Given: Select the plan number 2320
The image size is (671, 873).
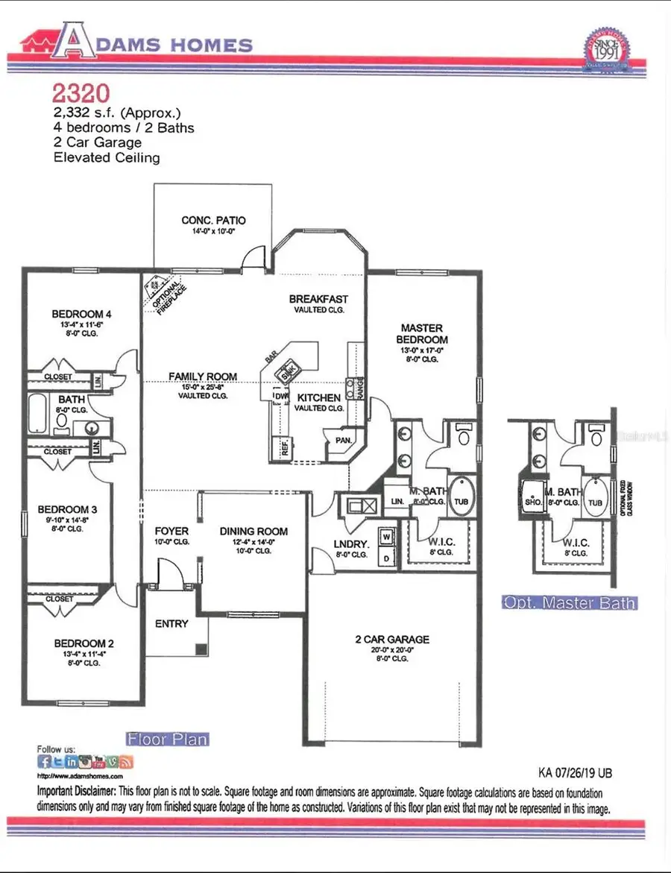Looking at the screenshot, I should coord(81,93).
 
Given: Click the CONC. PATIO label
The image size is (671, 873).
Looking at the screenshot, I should coord(213,221).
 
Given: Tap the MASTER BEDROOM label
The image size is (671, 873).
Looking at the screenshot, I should coord(422,333).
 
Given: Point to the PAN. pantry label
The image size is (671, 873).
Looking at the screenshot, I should coord(343,441).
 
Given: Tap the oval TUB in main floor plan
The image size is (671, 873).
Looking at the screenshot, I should coord(461,502).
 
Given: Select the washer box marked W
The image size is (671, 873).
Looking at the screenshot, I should coord(386,536).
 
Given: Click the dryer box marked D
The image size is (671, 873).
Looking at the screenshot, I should coord(386,556).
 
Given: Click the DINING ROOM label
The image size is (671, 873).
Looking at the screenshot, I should coord(253,532).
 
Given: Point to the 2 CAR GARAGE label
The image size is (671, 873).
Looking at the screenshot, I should coord(391,640).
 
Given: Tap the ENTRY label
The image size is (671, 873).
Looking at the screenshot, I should coord(171,624).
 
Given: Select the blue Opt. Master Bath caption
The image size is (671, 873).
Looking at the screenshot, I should coord(570,602).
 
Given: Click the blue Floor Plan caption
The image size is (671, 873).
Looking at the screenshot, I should coord(167,740).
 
